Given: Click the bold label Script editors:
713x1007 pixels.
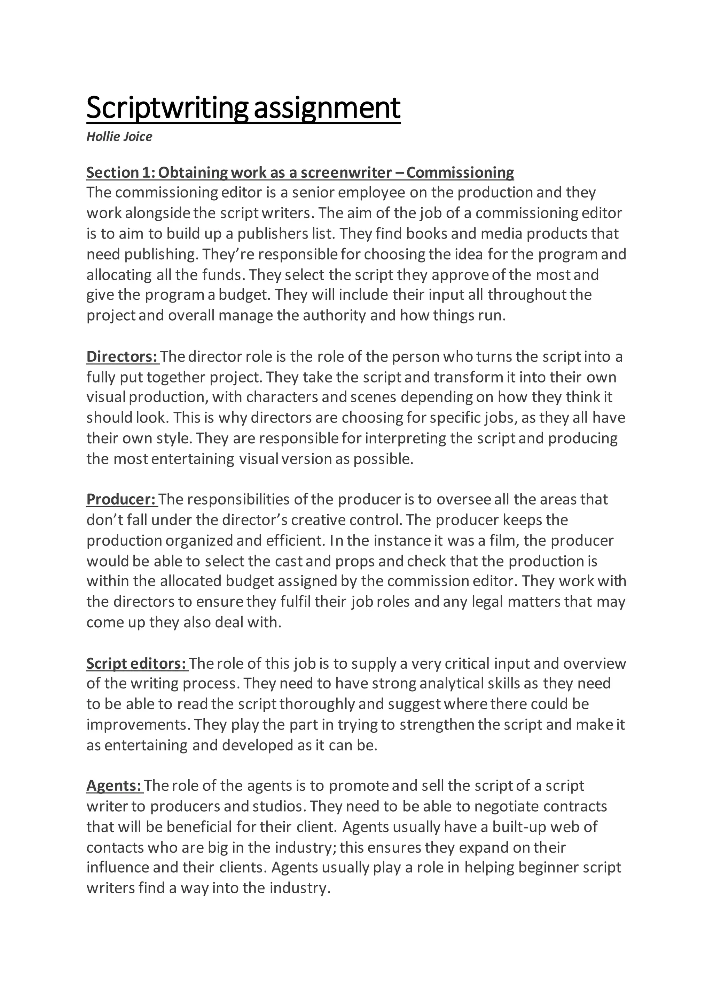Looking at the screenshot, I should pos(136,663).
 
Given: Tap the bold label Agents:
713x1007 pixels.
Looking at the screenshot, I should pos(114,785).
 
